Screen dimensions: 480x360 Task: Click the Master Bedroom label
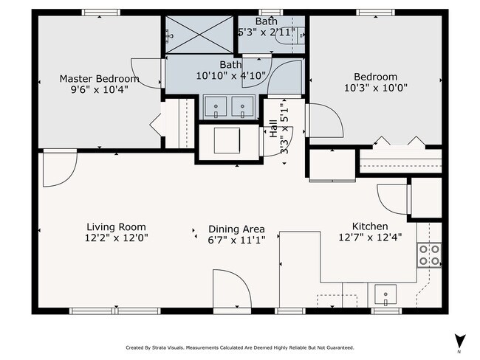click(x=99, y=79)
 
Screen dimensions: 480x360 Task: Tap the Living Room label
click(x=117, y=227)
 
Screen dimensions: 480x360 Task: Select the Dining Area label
click(x=236, y=229)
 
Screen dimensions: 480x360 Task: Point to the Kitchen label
click(x=370, y=226)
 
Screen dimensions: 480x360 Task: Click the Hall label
click(x=274, y=128)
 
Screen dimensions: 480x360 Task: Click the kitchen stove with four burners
click(x=429, y=255)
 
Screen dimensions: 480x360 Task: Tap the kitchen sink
click(x=385, y=295)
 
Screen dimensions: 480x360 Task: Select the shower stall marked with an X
click(x=199, y=35)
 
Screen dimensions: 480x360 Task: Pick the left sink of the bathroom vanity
click(x=216, y=106)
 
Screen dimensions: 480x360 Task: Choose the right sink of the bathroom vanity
click(x=242, y=106)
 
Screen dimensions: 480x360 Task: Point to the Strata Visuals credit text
click(x=240, y=347)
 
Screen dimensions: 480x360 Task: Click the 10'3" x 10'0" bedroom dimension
click(x=376, y=88)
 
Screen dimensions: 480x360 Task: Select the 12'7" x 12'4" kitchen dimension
click(x=370, y=237)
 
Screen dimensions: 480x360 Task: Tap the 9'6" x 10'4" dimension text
click(x=99, y=89)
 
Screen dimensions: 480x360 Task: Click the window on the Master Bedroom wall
click(x=100, y=13)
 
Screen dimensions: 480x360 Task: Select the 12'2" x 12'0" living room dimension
click(x=117, y=238)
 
